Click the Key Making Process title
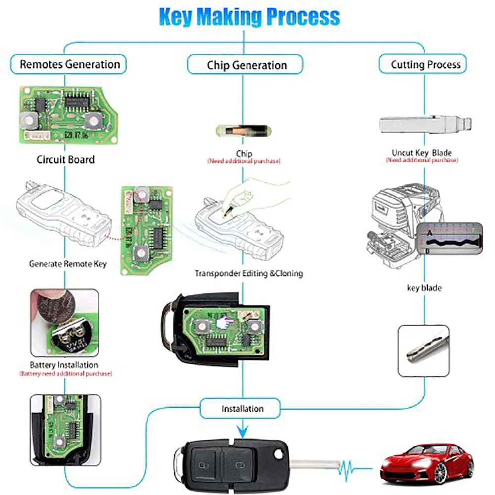click(x=249, y=16)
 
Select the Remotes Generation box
click(x=69, y=64)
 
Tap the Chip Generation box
click(x=246, y=65)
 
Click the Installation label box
click(x=242, y=409)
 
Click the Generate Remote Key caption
click(x=67, y=264)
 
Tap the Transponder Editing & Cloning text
click(x=248, y=273)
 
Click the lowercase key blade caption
click(x=424, y=287)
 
